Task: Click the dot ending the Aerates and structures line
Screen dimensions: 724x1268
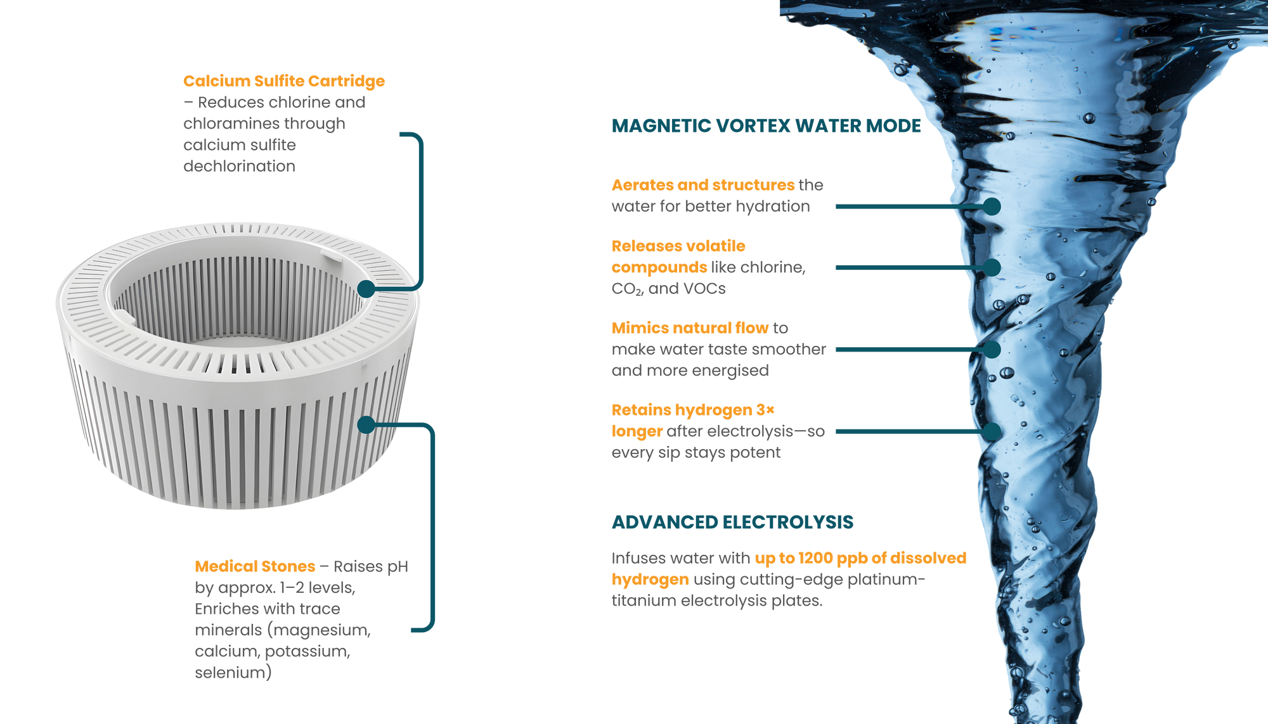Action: click(x=992, y=206)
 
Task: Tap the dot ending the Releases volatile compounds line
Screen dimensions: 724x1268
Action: click(x=992, y=267)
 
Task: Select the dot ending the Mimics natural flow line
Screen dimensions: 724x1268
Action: click(x=992, y=349)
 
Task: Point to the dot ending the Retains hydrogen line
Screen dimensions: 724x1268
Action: click(x=992, y=431)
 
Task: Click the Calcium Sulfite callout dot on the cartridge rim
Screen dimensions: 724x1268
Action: click(x=366, y=289)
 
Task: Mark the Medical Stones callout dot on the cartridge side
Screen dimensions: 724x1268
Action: click(x=366, y=424)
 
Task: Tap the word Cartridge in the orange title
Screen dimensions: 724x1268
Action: click(x=347, y=81)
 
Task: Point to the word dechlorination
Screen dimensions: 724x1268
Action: click(x=239, y=167)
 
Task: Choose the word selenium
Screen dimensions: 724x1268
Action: click(x=233, y=673)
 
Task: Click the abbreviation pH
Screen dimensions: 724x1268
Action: click(x=398, y=566)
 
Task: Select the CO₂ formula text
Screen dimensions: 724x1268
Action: click(x=626, y=289)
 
